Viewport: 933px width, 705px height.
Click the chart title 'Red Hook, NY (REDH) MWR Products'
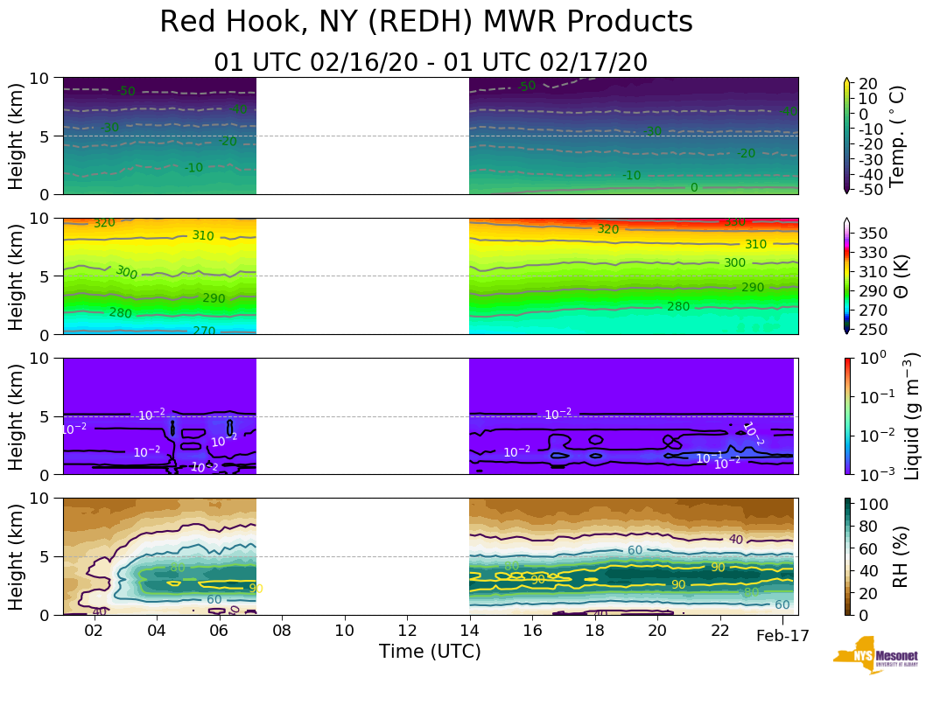click(x=426, y=23)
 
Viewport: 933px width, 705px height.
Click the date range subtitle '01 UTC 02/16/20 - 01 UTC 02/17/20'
click(x=431, y=63)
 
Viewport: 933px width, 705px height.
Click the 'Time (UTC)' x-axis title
click(x=430, y=652)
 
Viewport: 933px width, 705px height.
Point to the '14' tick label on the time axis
click(x=470, y=632)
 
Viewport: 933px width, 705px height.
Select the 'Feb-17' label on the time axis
click(x=782, y=636)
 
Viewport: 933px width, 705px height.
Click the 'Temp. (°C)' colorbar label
click(x=898, y=136)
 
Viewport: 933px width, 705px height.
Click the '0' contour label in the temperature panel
click(x=694, y=187)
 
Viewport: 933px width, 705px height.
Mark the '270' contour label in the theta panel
click(x=204, y=331)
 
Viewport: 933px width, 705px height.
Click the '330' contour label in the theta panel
click(x=734, y=222)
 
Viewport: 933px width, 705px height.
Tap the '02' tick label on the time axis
click(x=94, y=632)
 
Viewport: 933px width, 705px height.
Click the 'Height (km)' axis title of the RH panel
click(x=17, y=555)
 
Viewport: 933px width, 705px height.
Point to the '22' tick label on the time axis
click(x=719, y=632)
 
